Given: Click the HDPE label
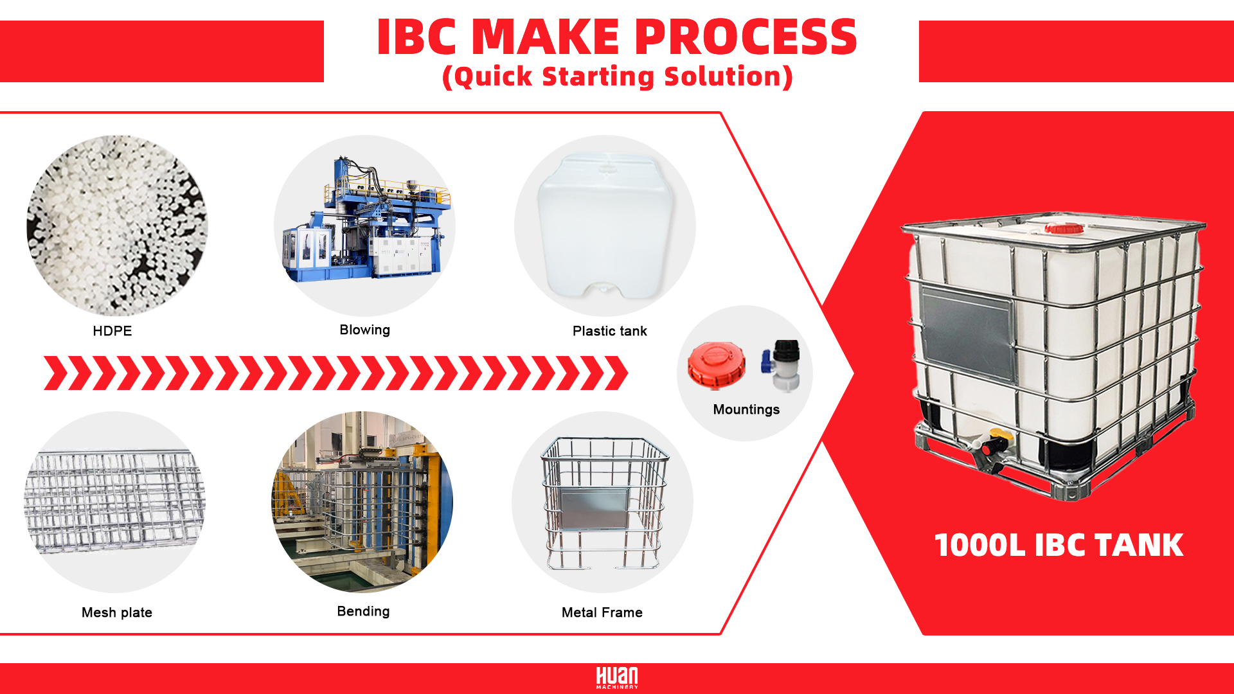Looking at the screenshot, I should [x=112, y=331].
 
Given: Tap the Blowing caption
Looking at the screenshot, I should [x=364, y=330].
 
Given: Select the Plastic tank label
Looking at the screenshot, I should [x=609, y=331].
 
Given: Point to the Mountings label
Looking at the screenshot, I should [x=746, y=409].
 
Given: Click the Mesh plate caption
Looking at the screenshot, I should [x=117, y=612].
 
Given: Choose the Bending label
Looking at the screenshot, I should [x=363, y=611].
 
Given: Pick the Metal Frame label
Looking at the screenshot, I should [x=602, y=612].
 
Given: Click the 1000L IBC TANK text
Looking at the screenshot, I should [x=1059, y=545].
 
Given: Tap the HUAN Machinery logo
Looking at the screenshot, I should [x=617, y=678].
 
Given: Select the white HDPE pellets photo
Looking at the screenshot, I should [x=117, y=225].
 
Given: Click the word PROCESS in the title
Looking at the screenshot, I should [x=746, y=37].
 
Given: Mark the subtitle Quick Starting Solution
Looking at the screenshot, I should [x=617, y=76].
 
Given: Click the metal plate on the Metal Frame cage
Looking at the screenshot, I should [x=594, y=508].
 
